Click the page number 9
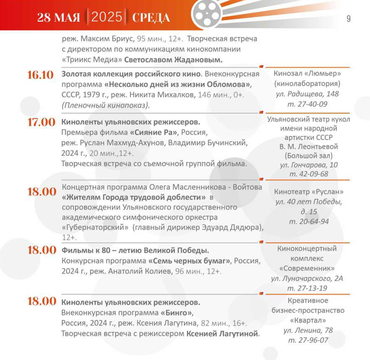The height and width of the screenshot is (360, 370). (x=348, y=19)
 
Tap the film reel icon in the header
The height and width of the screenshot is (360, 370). (x=207, y=14)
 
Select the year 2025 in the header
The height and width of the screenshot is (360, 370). (x=107, y=18)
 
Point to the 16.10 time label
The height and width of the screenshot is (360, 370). (x=41, y=75)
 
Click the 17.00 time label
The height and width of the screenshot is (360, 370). (x=41, y=123)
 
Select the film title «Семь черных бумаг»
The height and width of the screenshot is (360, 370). (x=188, y=260)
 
